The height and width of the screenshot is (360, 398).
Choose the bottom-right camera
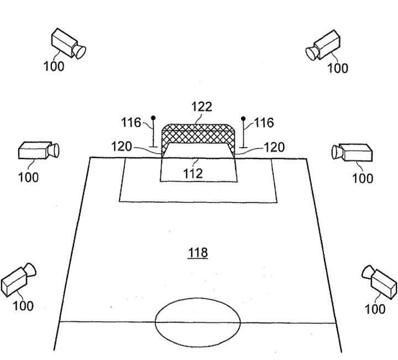coord(381,281)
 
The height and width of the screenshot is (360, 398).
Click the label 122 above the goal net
coord(202,107)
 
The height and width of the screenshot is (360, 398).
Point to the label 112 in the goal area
coord(193,173)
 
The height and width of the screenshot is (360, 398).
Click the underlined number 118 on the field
coord(197,253)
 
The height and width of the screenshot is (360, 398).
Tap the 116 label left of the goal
coord(132,122)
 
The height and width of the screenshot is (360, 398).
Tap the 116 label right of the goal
coord(264,122)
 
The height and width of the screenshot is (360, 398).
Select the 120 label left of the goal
coord(122,147)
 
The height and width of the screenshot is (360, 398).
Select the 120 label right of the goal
coord(274,147)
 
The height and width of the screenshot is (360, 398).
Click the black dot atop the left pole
coord(153,117)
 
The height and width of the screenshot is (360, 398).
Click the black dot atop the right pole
coord(243,118)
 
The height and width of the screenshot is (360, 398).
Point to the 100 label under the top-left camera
coord(54,66)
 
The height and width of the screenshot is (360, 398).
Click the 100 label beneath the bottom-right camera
coord(375,309)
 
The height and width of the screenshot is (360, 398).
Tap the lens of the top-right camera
coord(312,53)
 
